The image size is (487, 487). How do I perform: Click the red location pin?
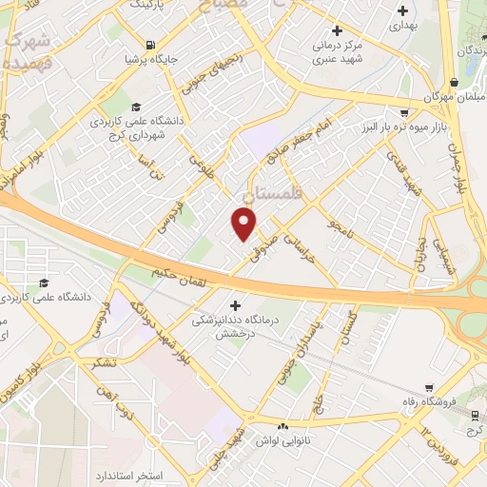tap(244, 224)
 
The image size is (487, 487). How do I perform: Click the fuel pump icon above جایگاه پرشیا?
tap(150, 45)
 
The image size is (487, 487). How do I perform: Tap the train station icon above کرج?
tap(475, 415)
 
